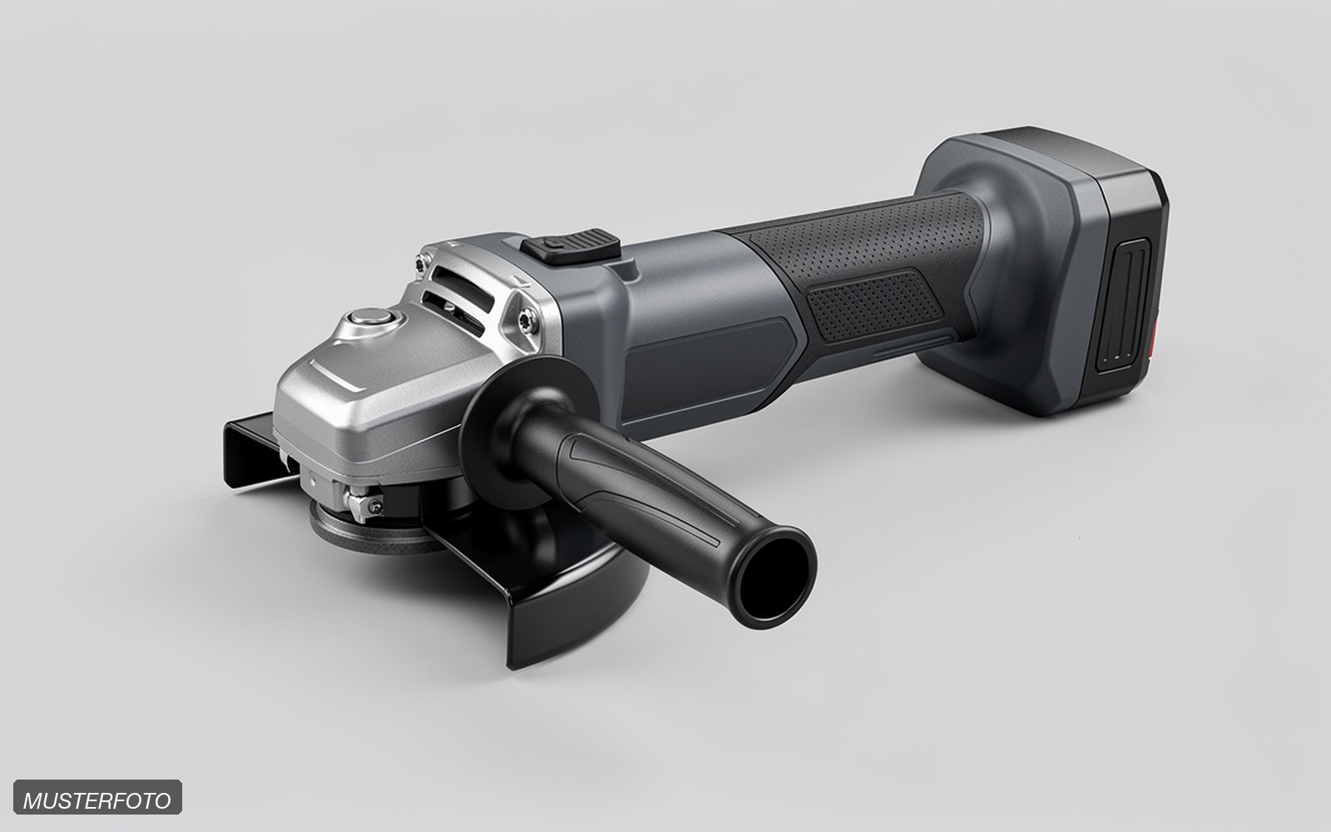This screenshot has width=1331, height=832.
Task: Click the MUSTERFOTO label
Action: [x=97, y=797]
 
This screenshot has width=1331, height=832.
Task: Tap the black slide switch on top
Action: [x=571, y=245]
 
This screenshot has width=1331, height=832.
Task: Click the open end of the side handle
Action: [x=774, y=577]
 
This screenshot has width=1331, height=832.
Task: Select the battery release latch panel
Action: [x=1123, y=305]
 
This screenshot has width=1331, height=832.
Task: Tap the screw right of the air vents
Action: [x=527, y=320]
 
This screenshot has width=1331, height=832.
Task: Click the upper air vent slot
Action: [x=463, y=287]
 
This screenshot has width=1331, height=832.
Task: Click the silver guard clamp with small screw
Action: [x=363, y=503]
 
